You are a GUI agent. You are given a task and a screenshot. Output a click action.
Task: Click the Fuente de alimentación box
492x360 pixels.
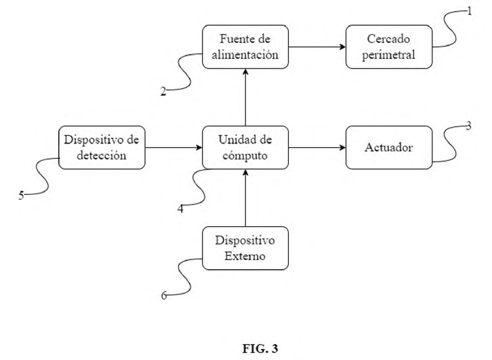245,46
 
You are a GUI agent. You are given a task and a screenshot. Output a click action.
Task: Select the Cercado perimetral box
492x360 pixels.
389,46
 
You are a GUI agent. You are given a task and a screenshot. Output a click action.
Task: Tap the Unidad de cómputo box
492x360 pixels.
245,147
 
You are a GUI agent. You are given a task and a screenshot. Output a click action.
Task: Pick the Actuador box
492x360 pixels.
389,147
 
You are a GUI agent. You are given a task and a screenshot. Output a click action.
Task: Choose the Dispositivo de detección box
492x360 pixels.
102,147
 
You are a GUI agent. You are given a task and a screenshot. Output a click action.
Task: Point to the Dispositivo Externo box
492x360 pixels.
245,248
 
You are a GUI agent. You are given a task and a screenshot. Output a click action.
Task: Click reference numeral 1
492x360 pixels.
469,12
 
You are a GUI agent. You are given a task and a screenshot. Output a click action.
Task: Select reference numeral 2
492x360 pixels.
163,92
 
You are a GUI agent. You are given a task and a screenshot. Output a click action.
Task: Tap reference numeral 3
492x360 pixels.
468,126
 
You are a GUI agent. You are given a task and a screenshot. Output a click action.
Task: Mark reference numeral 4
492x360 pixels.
180,209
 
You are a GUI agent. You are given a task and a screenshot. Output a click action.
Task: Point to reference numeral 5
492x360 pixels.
21,196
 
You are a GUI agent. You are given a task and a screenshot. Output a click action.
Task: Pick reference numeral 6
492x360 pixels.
164,296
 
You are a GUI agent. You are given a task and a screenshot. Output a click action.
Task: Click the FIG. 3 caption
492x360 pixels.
260,348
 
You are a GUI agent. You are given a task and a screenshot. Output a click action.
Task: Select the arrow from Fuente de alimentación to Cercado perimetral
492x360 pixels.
317,46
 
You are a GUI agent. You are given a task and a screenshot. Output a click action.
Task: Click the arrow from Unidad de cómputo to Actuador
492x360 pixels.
317,147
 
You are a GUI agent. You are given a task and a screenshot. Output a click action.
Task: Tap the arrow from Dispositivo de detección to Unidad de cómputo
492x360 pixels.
174,147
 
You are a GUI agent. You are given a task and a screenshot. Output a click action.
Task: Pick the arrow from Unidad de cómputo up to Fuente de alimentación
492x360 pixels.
246,97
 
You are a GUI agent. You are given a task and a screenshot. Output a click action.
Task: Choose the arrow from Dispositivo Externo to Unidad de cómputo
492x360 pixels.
246,198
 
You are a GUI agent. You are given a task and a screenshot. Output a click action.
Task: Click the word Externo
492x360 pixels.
245,256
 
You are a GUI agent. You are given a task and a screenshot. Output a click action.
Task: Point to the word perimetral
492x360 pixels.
389,55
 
